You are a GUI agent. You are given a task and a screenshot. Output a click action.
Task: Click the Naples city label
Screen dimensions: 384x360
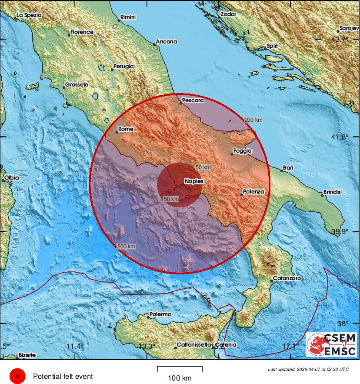click(x=194, y=181)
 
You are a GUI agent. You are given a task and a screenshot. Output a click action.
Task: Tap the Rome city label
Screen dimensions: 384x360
click(x=126, y=129)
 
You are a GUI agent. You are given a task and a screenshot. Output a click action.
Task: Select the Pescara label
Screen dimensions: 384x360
click(x=193, y=100)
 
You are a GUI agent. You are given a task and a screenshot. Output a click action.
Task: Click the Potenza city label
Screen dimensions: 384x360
click(x=253, y=191)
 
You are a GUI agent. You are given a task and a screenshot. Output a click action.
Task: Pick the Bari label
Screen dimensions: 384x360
click(x=288, y=167)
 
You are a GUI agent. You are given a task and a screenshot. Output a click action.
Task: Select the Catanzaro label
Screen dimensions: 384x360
click(x=287, y=278)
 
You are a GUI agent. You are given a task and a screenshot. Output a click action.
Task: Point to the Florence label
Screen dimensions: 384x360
click(x=82, y=32)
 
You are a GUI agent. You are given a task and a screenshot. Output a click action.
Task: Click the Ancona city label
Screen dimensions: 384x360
click(x=167, y=42)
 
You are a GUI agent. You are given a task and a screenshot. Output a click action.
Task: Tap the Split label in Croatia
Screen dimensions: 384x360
click(x=272, y=46)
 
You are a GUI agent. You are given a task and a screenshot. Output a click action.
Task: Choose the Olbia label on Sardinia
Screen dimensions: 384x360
click(x=11, y=178)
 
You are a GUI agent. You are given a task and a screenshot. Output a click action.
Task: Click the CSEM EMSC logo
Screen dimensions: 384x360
click(x=331, y=345)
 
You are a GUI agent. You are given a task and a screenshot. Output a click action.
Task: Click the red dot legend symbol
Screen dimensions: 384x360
click(x=17, y=376)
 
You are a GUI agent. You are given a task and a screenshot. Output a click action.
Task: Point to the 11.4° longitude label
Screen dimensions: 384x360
click(x=75, y=346)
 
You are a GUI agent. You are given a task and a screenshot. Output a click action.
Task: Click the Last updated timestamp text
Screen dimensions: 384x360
click(x=308, y=369)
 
